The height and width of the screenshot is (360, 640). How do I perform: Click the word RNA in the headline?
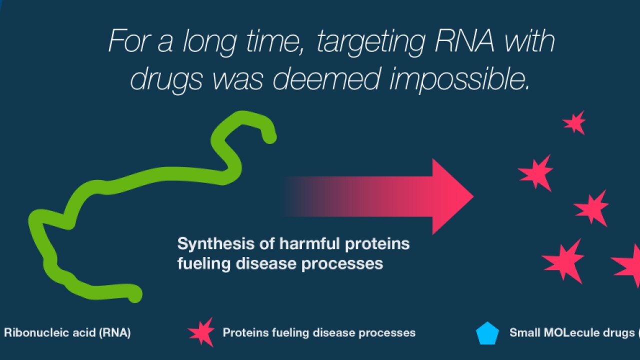click(464, 41)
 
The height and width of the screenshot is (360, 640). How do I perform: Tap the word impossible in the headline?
click(459, 79)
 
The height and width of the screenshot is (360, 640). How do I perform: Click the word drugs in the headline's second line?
click(166, 80)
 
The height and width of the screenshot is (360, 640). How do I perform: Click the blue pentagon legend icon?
click(487, 333)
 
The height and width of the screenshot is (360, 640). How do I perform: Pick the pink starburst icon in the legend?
click(202, 332)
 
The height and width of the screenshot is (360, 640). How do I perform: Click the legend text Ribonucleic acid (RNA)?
click(67, 333)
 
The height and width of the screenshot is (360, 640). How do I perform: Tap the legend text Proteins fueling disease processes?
click(319, 333)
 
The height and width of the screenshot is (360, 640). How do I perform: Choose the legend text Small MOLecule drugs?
click(572, 333)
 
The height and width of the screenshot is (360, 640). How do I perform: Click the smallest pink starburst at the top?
click(575, 123)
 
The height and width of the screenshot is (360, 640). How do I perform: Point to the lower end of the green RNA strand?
click(135, 295)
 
